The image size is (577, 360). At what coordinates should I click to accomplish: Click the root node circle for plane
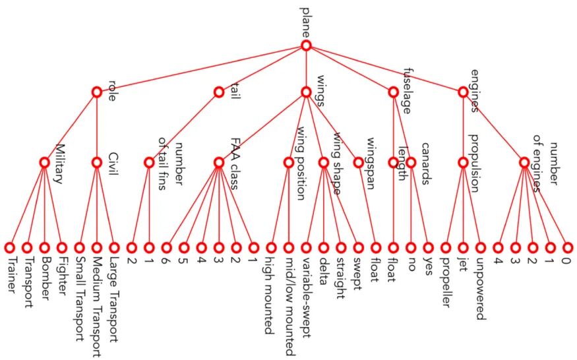(306, 45)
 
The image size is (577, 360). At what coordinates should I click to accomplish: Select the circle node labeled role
(97, 92)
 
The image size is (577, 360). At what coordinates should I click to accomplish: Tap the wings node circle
(306, 92)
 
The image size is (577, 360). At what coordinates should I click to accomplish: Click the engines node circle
(463, 92)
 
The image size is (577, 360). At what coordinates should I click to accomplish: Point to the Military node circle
(44, 162)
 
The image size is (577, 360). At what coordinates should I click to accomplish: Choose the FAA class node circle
(219, 162)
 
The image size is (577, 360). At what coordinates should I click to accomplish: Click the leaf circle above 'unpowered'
(481, 248)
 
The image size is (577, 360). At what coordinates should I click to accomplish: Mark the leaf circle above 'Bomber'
(44, 248)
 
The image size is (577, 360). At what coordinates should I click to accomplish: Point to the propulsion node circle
(463, 162)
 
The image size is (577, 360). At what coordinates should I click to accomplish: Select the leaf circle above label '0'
(568, 248)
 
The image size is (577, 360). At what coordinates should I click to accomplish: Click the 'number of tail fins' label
(170, 164)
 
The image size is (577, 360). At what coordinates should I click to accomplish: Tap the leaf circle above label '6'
(166, 248)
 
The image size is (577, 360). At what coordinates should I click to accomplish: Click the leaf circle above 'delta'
(324, 248)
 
